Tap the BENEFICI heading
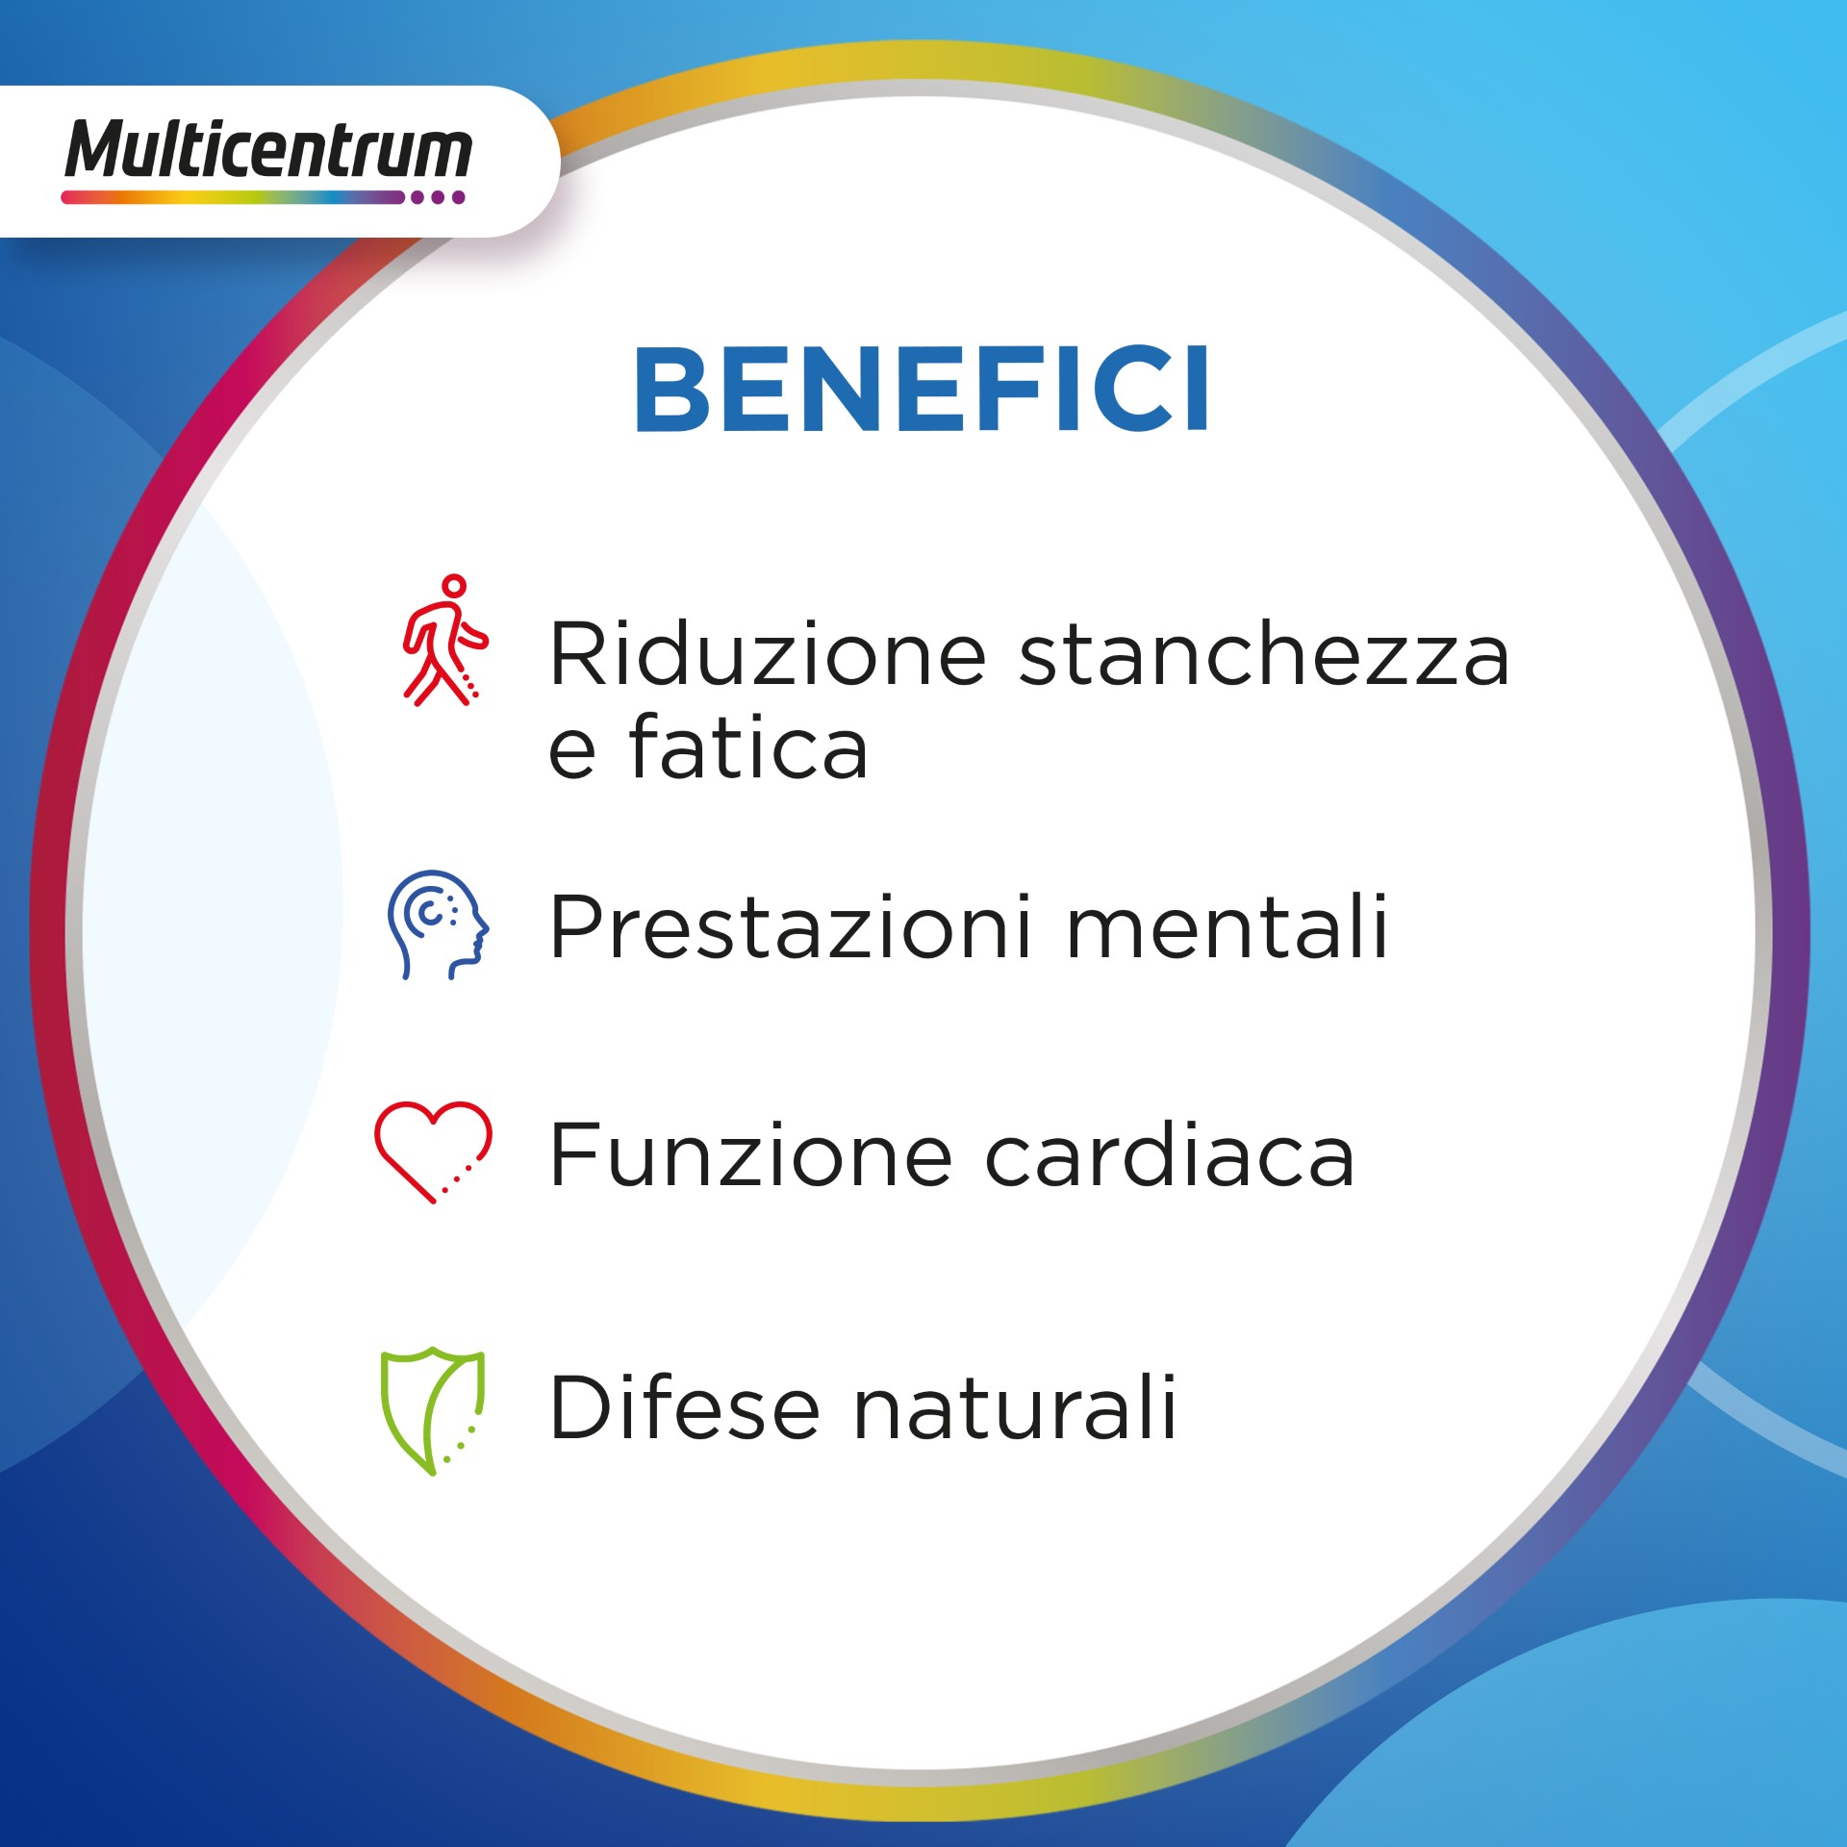(x=921, y=390)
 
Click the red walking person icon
(x=443, y=642)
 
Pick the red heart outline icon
(x=433, y=1151)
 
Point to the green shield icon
(x=432, y=1409)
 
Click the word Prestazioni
(x=791, y=927)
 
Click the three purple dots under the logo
(x=437, y=197)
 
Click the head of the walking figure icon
(x=454, y=586)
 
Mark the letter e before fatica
(x=571, y=750)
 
